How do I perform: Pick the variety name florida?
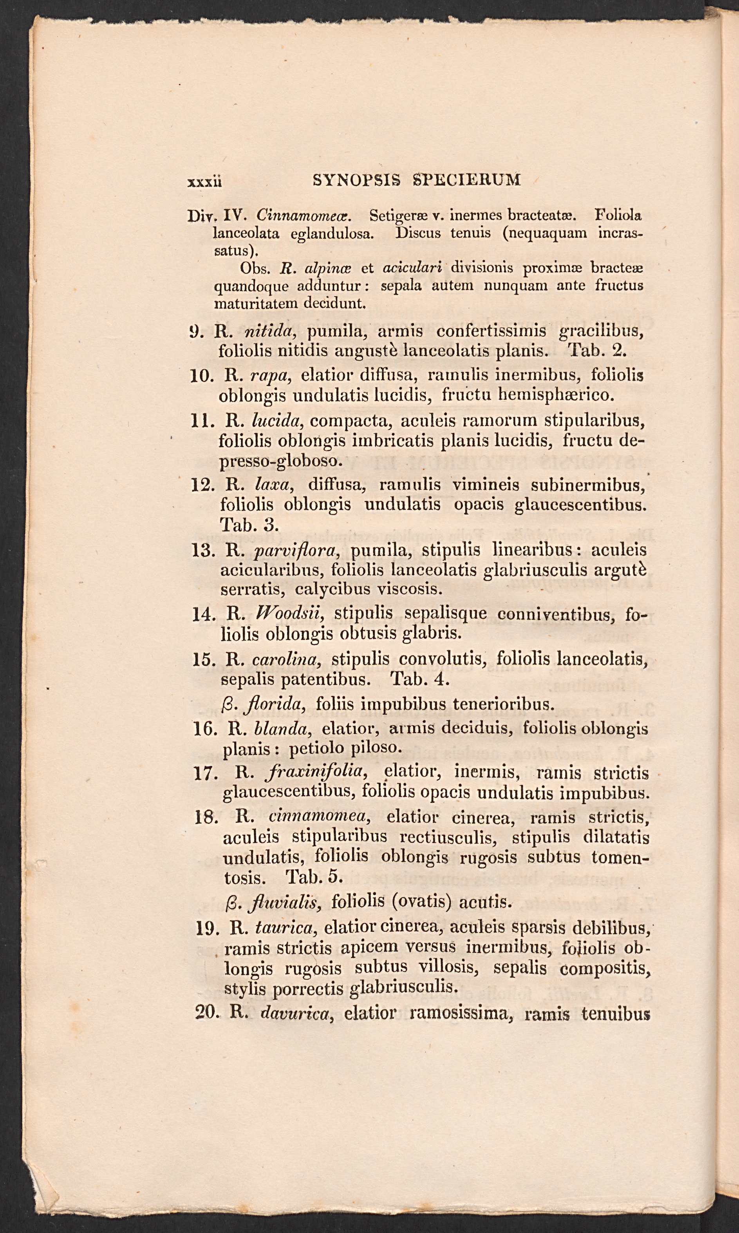(x=275, y=704)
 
